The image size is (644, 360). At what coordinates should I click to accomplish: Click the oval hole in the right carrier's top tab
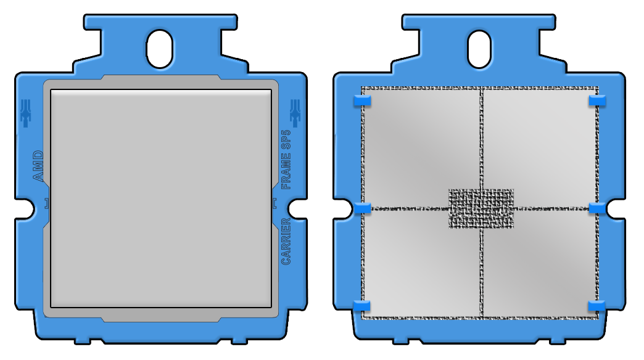tap(480, 49)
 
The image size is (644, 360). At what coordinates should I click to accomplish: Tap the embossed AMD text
tap(38, 166)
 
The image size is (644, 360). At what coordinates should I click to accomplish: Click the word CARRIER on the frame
tap(286, 241)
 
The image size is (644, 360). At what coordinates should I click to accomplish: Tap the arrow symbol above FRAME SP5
tap(294, 113)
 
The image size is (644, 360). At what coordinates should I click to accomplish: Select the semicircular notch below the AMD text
tap(23, 208)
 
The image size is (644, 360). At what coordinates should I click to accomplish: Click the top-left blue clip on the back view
tap(361, 100)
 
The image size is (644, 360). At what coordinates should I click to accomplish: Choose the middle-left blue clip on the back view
tap(362, 208)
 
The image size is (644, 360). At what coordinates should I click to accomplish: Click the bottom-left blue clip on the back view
tap(361, 306)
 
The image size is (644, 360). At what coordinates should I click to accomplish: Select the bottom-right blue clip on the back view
tap(597, 306)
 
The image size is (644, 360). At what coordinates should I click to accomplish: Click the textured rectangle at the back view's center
tap(481, 208)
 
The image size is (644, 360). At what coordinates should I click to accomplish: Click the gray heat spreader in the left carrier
tap(160, 197)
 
